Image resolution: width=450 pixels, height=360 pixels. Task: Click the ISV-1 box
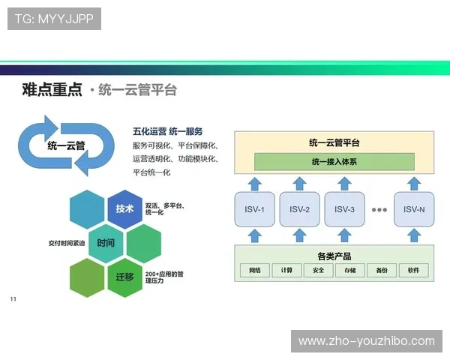point(255,209)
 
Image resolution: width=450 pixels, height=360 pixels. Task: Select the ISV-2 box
point(299,209)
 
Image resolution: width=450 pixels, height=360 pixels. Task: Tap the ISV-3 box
point(344,209)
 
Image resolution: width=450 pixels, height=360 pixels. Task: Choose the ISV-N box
point(414,209)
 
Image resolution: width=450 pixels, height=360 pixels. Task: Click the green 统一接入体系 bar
point(334,161)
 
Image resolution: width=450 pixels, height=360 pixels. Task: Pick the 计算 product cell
point(287,270)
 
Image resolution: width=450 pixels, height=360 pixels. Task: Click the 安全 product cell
point(319,270)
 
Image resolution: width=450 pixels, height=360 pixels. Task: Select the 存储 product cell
point(350,270)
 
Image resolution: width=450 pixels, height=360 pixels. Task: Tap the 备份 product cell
point(382,270)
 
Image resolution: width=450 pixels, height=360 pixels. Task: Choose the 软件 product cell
point(413,270)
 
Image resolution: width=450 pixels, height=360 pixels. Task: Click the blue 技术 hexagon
point(124,208)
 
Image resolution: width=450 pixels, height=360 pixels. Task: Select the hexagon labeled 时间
point(106,243)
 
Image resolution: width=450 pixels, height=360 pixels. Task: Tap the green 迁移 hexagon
point(124,277)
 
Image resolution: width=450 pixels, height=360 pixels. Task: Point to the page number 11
point(13,300)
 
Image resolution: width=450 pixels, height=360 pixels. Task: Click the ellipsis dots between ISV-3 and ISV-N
point(379,210)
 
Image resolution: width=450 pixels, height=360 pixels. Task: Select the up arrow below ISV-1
point(255,236)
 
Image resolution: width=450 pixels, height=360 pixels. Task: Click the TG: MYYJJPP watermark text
point(54,19)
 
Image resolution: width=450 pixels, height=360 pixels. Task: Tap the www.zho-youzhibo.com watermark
point(366,341)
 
